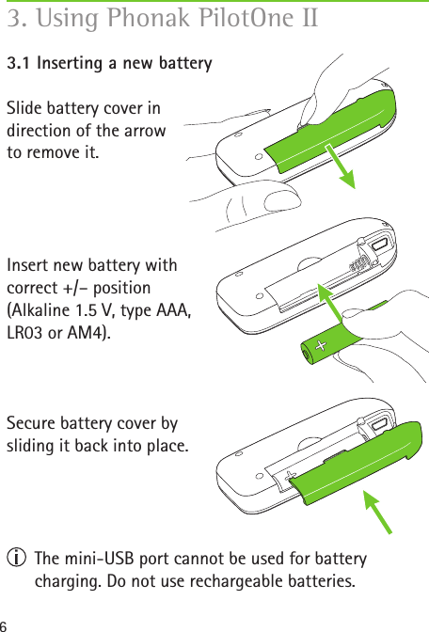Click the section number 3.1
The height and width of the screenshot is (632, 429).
click(x=21, y=64)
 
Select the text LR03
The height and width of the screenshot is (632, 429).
click(x=27, y=334)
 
